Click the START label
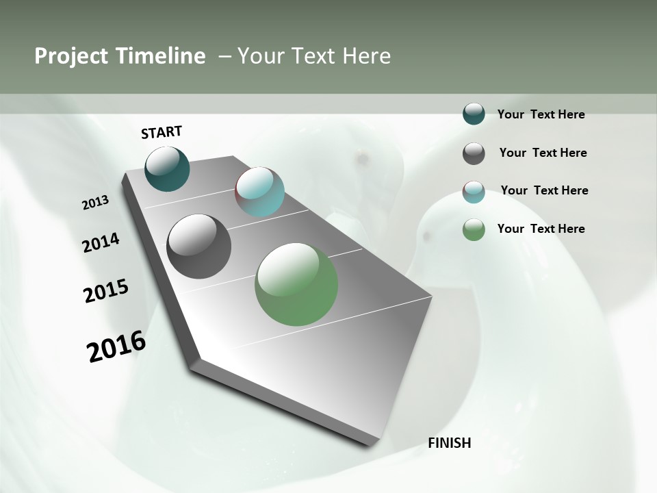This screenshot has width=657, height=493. coord(162,132)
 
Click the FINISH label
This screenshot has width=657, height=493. coord(450,443)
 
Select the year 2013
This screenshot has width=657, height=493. coord(96,202)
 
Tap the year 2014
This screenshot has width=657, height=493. coord(101,242)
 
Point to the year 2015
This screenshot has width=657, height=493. coord(106,291)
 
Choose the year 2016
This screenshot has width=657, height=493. coord(116,346)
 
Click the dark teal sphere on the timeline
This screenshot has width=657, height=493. coord(168,168)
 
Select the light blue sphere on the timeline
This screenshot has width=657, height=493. coord(259,192)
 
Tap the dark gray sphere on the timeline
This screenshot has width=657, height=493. coord(199,246)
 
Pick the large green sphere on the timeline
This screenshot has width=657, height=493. coord(296,284)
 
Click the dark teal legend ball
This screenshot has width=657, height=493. coord(474,114)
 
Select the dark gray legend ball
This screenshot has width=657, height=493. coord(474,153)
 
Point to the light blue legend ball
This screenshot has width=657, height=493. coord(474,192)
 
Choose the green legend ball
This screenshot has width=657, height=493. coord(474,229)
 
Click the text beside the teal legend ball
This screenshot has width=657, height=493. coord(541,114)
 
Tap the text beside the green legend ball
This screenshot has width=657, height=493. coord(541,229)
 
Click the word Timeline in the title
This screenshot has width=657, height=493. coord(162,56)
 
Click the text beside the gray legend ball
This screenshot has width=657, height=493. coord(543,153)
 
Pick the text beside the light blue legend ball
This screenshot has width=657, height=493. coord(544,190)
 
